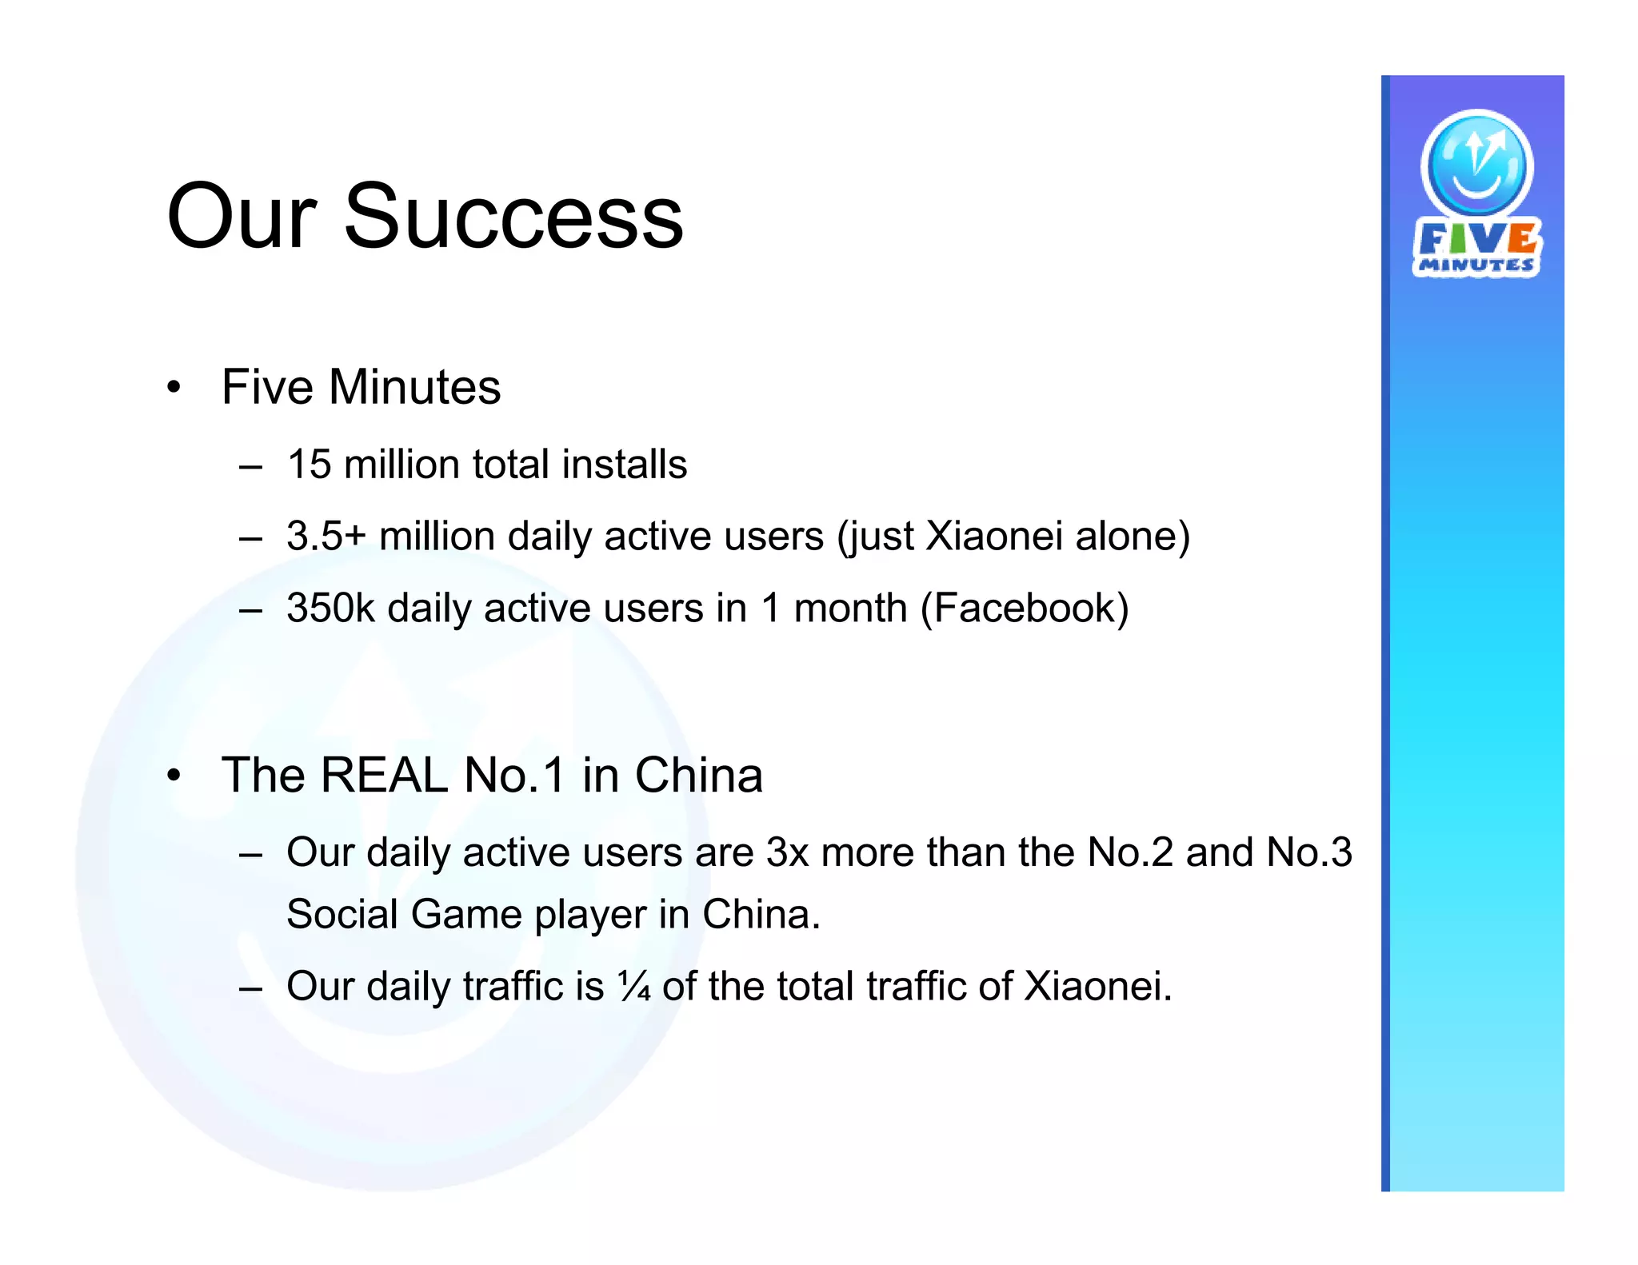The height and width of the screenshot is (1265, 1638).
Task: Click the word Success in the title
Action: point(513,217)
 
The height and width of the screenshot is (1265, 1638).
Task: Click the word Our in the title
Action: point(242,217)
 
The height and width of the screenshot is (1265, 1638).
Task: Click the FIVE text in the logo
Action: point(1476,237)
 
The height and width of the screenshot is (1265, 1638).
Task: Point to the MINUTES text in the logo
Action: point(1476,265)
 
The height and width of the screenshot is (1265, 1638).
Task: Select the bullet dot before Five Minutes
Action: point(174,389)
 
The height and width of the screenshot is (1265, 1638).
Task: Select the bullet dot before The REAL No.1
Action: point(174,776)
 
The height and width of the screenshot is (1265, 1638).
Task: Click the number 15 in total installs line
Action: point(309,465)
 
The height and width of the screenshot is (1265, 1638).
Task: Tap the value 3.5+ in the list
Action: point(326,536)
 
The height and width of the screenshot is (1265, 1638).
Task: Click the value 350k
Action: point(330,608)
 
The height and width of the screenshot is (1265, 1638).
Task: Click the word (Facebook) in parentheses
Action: point(1025,609)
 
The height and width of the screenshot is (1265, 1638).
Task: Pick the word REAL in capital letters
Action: point(384,775)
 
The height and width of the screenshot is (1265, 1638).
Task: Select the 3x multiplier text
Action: point(788,852)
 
